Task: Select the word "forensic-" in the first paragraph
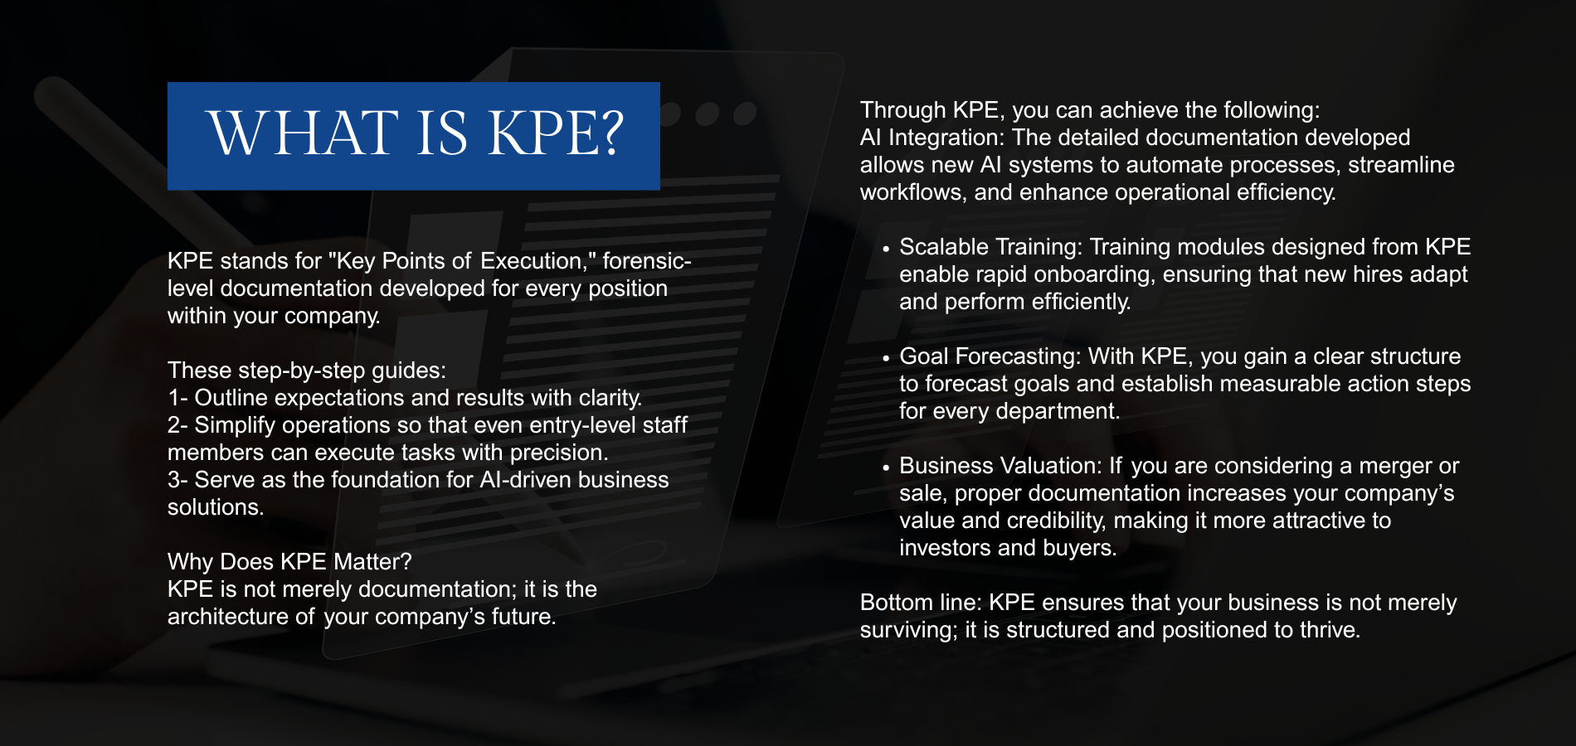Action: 647,261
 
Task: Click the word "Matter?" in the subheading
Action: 372,562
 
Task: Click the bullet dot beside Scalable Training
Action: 886,249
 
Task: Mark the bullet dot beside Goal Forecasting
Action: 886,358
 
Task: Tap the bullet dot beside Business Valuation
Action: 886,467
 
